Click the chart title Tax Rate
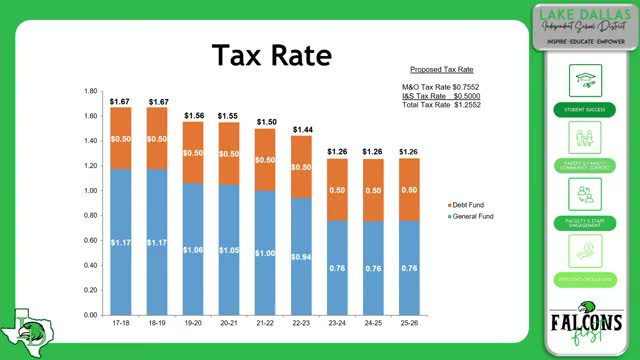pos(272,57)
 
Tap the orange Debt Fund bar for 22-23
pos(302,167)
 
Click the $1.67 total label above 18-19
pos(158,102)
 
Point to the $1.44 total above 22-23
pos(302,130)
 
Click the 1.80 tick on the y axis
pos(90,91)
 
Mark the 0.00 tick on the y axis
pos(90,315)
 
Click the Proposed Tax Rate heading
pos(441,70)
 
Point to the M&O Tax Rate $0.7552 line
pos(437,87)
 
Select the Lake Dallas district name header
pos(583,25)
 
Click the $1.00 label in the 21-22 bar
pos(265,253)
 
